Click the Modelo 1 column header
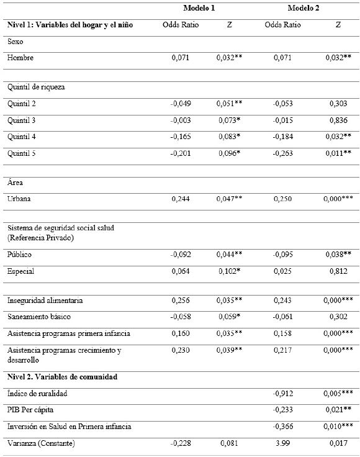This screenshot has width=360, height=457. (198, 7)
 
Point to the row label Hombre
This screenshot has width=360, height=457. (20, 58)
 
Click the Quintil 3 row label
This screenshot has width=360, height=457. (22, 120)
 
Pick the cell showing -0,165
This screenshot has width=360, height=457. (181, 137)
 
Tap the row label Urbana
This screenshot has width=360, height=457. (20, 199)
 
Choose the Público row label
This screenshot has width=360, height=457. (20, 255)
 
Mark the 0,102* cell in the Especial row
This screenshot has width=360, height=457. (230, 271)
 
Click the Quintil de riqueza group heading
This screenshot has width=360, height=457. (36, 87)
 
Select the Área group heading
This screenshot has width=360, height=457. (16, 183)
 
